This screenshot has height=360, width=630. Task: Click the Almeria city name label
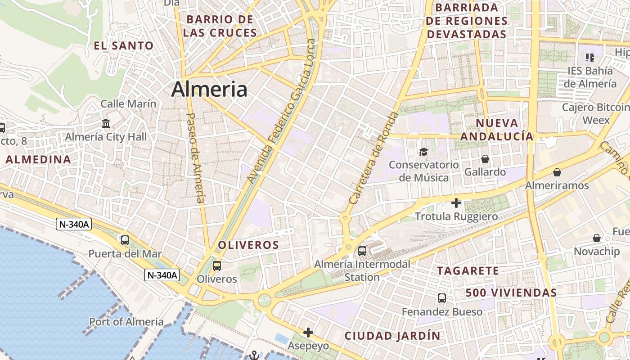pos(209,89)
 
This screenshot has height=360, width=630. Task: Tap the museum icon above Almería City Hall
pos(106,123)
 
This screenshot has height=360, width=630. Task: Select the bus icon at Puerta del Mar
pos(125,240)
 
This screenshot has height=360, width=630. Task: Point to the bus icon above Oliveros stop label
pos(217,266)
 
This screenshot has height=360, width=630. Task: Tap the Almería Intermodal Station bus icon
pos(362,251)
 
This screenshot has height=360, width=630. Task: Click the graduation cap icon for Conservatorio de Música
pos(423,152)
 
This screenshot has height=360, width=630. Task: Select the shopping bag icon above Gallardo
pos(485,159)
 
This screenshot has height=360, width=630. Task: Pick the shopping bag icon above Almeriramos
pos(557,172)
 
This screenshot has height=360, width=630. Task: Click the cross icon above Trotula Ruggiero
pos(456,203)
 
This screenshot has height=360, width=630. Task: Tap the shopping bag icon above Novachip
pos(597,238)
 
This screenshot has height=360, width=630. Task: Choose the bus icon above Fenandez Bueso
pos(442,298)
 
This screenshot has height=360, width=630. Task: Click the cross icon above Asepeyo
pos(308,333)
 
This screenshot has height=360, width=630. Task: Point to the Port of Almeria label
pos(126,322)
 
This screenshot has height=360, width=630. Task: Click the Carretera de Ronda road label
pos(374,158)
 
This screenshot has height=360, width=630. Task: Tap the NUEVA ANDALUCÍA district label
pos(497,130)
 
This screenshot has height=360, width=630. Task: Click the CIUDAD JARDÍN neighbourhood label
pos(392,336)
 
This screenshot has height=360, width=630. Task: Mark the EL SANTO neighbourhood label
pos(124,45)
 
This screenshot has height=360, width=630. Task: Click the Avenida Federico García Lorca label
pos(282,111)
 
